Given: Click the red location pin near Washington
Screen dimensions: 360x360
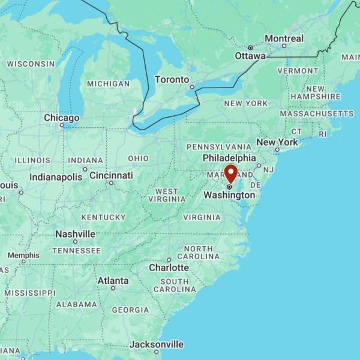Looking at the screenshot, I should (231, 173).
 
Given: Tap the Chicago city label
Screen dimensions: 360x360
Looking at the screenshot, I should (61, 118).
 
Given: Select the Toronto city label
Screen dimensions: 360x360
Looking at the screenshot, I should (172, 79).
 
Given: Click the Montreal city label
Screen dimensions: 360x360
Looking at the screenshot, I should (284, 38).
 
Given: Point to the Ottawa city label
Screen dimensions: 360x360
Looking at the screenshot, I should (250, 56).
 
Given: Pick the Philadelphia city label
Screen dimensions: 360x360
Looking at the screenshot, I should (229, 158).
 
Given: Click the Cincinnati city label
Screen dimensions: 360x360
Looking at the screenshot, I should (111, 175).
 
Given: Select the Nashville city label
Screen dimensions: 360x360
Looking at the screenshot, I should (75, 234).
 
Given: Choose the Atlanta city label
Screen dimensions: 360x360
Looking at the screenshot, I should (113, 280).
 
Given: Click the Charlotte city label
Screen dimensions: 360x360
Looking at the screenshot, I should (169, 268).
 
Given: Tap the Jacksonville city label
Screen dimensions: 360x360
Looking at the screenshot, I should (157, 344).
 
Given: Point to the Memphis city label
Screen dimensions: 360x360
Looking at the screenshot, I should (23, 255).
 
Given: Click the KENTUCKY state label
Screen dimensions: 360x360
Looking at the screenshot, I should (103, 217).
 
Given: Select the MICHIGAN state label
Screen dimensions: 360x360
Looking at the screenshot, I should (108, 84).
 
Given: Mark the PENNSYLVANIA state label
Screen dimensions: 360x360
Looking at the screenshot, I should (219, 146).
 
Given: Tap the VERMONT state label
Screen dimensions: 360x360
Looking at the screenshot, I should (298, 71).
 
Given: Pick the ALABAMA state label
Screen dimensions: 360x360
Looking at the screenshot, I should (77, 304).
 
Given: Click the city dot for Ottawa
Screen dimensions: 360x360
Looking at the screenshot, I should (250, 47).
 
